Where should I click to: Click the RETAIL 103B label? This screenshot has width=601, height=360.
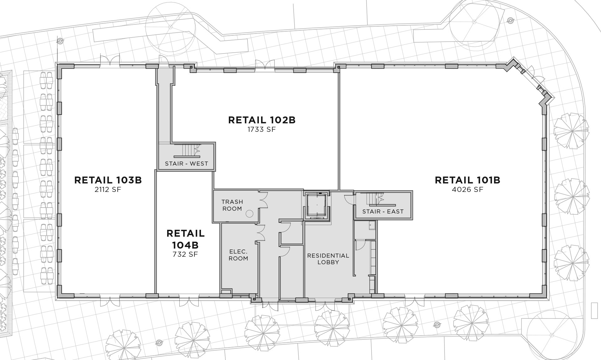pos(108,180)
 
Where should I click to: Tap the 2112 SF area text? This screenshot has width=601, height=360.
pos(108,190)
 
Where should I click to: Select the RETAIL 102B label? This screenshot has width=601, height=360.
pos(262,120)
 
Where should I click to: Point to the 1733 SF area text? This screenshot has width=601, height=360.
pos(262,129)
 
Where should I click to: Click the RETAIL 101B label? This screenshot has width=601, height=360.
pos(467,180)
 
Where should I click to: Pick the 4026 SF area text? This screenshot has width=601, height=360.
pos(467,190)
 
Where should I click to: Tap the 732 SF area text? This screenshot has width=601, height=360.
pos(185,254)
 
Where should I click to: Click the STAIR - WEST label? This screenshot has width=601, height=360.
pos(187,164)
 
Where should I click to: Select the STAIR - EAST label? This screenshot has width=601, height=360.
pos(383,212)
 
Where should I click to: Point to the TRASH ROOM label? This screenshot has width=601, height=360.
pos(232,205)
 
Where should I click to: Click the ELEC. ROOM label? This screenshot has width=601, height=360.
pos(239,255)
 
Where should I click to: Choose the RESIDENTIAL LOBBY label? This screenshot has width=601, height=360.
pos(328,259)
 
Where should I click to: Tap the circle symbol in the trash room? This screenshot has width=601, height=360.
pos(249,214)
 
